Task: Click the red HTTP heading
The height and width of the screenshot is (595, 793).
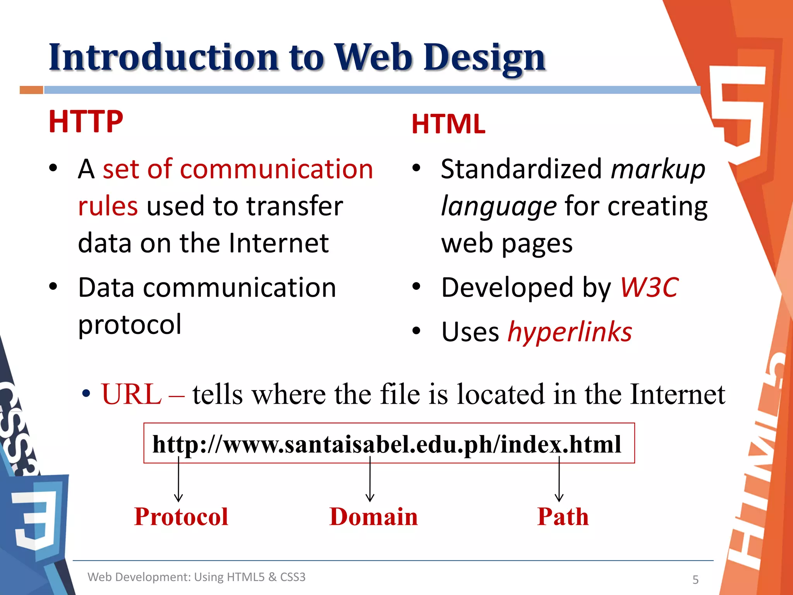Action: (86, 122)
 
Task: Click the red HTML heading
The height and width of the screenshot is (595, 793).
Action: (448, 124)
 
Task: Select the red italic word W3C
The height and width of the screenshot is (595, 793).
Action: (649, 287)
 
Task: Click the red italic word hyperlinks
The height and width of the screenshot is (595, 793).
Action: (570, 332)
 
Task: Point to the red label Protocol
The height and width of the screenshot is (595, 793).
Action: (181, 516)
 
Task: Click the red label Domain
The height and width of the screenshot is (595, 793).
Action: (373, 516)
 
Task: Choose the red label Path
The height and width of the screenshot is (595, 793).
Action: (563, 516)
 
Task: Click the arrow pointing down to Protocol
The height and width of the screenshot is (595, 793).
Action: (179, 480)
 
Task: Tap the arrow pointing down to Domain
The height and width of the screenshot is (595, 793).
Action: (370, 480)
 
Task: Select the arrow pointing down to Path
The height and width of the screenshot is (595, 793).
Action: (559, 480)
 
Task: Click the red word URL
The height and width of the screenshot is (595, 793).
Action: (131, 394)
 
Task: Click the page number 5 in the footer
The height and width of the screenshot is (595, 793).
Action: (695, 580)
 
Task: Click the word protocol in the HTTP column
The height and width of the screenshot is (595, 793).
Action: (130, 324)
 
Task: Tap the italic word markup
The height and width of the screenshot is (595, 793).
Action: (658, 169)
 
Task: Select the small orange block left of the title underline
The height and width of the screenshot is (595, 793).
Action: (31, 90)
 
